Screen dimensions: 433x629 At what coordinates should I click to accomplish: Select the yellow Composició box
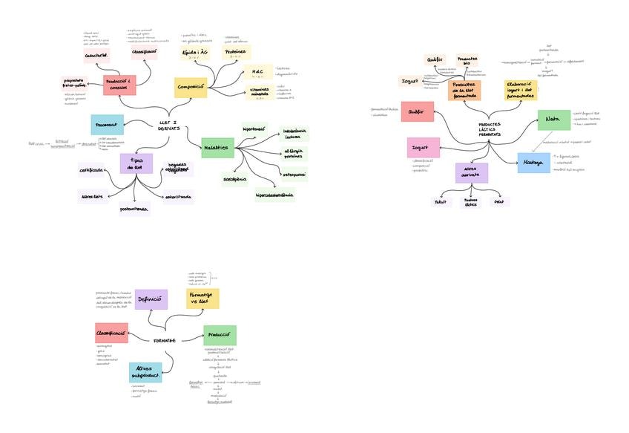(191, 88)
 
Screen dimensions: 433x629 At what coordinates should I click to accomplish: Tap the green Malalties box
(217, 149)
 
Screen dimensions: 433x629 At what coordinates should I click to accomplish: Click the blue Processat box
(108, 124)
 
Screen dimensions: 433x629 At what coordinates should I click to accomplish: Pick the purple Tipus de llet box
(136, 163)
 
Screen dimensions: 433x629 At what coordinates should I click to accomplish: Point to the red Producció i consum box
(119, 85)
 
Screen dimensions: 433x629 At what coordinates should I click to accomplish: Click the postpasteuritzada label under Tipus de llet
(134, 209)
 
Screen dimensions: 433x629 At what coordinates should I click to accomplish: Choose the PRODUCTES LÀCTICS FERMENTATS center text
(490, 129)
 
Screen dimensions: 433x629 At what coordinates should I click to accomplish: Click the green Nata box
(553, 119)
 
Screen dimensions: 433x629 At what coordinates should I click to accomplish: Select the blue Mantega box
(533, 162)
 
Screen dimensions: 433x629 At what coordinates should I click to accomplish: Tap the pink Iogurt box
(423, 148)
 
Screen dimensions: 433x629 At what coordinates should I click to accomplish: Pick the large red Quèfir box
(417, 111)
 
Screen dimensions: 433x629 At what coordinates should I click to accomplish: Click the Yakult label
(441, 201)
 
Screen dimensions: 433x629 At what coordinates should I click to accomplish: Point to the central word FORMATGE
(165, 340)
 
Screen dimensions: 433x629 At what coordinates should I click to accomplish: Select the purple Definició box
(151, 299)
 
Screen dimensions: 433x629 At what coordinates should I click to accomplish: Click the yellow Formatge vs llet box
(202, 299)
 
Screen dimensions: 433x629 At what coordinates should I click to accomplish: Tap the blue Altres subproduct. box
(145, 372)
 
